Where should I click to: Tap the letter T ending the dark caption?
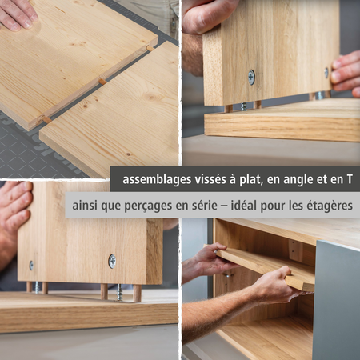[x=349, y=178]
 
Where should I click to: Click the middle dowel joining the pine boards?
[x=102, y=81]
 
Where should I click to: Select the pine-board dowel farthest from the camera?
[x=149, y=48]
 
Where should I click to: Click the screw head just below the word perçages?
[x=112, y=260]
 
